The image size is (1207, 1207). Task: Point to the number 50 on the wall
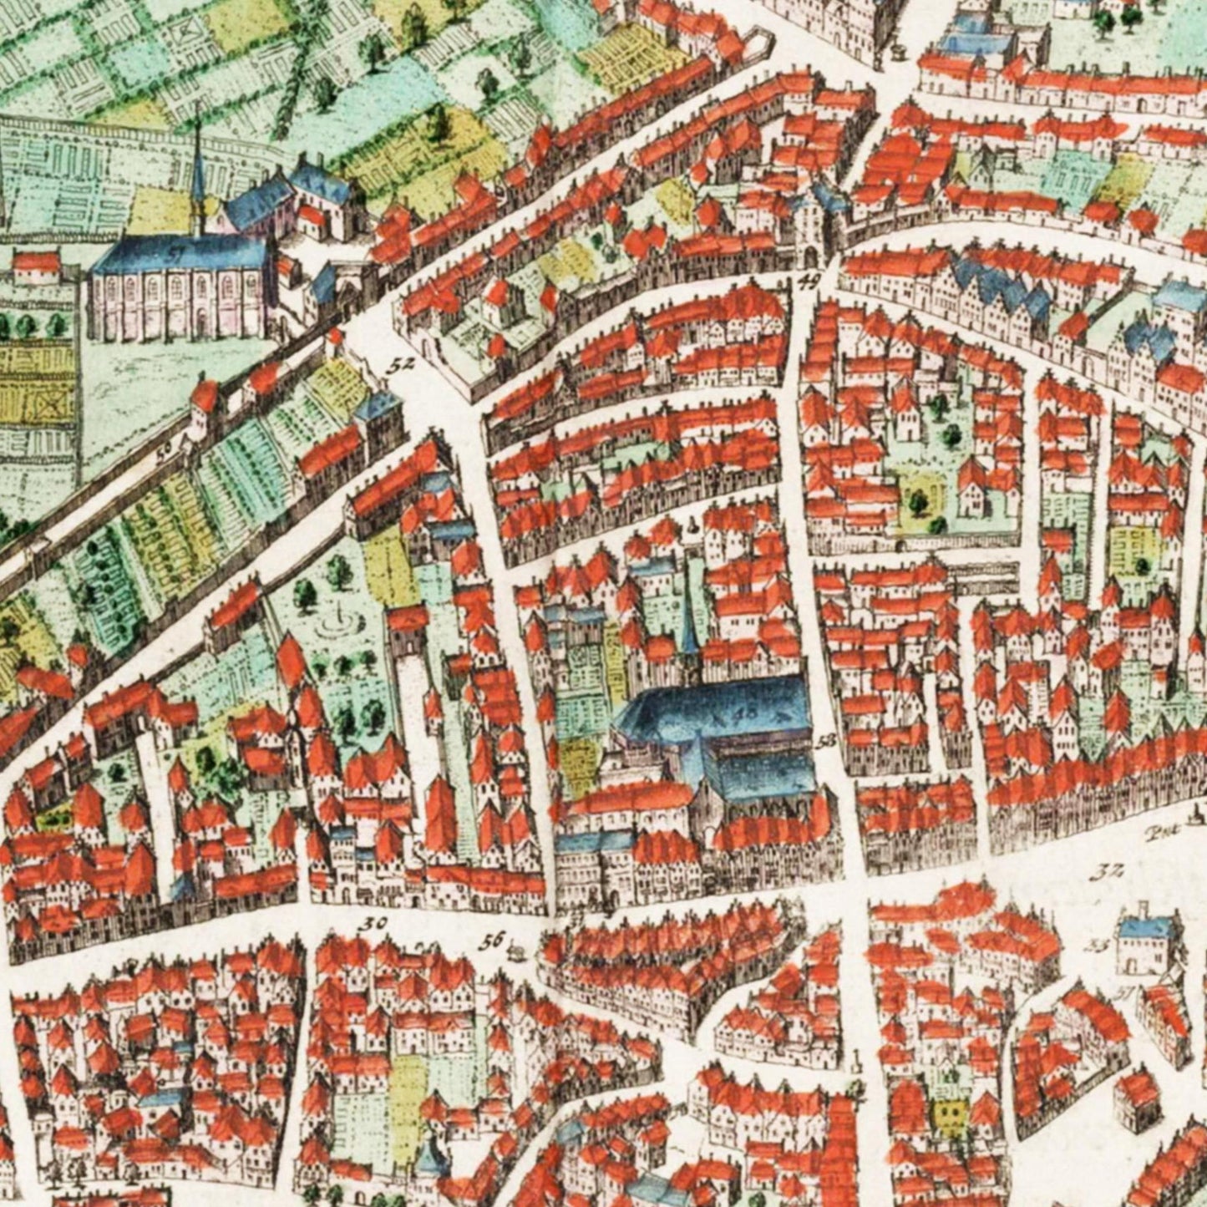pyautogui.click(x=165, y=449)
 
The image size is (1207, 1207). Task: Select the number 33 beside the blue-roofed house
pyautogui.click(x=1096, y=946)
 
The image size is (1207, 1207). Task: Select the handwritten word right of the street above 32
pyautogui.click(x=1157, y=831)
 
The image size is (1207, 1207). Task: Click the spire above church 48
pyautogui.click(x=687, y=618)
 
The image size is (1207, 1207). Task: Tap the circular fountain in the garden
pyautogui.click(x=338, y=620)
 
